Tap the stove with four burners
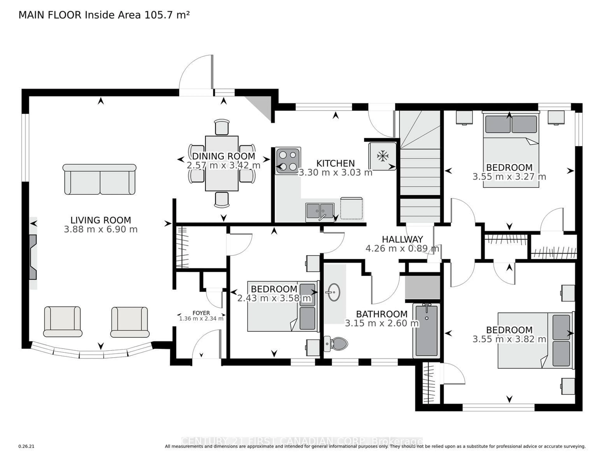pyautogui.click(x=288, y=161)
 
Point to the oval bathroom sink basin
pyautogui.click(x=334, y=292)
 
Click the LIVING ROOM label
pyautogui.click(x=101, y=220)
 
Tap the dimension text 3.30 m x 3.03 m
pyautogui.click(x=336, y=173)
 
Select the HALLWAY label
pyautogui.click(x=402, y=239)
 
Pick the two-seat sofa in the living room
pyautogui.click(x=100, y=180)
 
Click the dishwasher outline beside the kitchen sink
pyautogui.click(x=351, y=209)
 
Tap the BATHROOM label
pyautogui.click(x=382, y=314)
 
